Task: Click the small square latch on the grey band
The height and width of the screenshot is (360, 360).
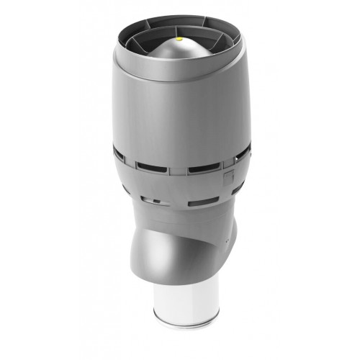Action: tap(228, 174)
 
